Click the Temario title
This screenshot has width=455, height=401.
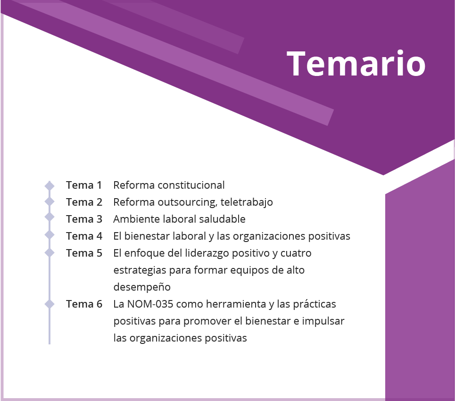pyautogui.click(x=356, y=64)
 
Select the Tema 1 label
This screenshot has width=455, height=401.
pyautogui.click(x=84, y=185)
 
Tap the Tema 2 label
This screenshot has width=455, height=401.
pyautogui.click(x=84, y=202)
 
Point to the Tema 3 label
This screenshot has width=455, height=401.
pyautogui.click(x=84, y=219)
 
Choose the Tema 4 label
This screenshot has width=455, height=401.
pyautogui.click(x=84, y=236)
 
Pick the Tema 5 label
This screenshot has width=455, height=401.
pyautogui.click(x=84, y=253)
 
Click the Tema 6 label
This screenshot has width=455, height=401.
pyautogui.click(x=84, y=304)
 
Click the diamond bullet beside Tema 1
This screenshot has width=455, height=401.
pyautogui.click(x=50, y=186)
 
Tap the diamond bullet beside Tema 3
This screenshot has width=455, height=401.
pyautogui.click(x=50, y=217)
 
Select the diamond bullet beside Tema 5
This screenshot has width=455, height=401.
pyautogui.click(x=50, y=252)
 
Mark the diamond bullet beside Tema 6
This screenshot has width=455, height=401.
pyautogui.click(x=50, y=304)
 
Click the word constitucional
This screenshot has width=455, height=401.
pyautogui.click(x=191, y=185)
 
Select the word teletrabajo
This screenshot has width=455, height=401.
pyautogui.click(x=247, y=202)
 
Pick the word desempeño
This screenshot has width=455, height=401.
pyautogui.click(x=142, y=287)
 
